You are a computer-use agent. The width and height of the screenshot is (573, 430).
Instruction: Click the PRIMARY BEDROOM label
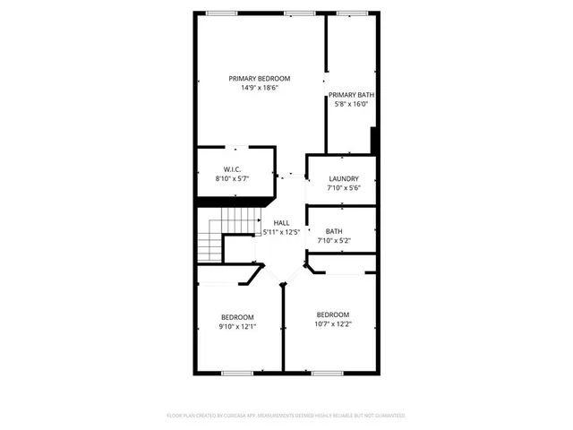259,78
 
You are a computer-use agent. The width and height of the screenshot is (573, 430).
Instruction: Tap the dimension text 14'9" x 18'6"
259,88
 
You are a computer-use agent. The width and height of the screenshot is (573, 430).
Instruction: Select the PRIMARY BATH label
351,95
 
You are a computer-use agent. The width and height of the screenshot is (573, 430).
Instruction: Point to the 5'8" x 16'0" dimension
351,105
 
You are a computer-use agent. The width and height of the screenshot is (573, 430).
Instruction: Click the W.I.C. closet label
231,169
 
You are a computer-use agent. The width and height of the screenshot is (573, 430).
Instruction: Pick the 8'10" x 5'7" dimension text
231,179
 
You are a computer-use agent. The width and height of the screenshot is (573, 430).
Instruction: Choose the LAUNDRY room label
343,178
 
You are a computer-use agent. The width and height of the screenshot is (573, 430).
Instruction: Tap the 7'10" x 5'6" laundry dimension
343,188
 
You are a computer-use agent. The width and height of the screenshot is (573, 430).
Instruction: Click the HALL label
281,222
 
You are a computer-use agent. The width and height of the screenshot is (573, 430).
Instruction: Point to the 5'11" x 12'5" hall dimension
281,232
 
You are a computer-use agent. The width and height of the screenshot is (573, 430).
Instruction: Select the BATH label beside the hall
334,230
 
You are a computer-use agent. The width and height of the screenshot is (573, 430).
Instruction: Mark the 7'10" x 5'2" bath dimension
334,240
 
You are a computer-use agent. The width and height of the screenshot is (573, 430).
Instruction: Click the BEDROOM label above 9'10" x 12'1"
237,317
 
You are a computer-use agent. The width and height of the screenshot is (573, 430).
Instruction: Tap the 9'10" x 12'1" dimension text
237,327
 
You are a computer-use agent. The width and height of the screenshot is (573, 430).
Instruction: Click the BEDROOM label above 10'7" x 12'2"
332,314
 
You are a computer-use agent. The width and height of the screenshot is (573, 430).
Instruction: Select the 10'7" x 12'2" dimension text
332,324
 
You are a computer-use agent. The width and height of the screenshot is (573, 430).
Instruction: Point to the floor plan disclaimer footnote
286,416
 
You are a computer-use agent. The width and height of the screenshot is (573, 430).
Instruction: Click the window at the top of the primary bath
349,13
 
